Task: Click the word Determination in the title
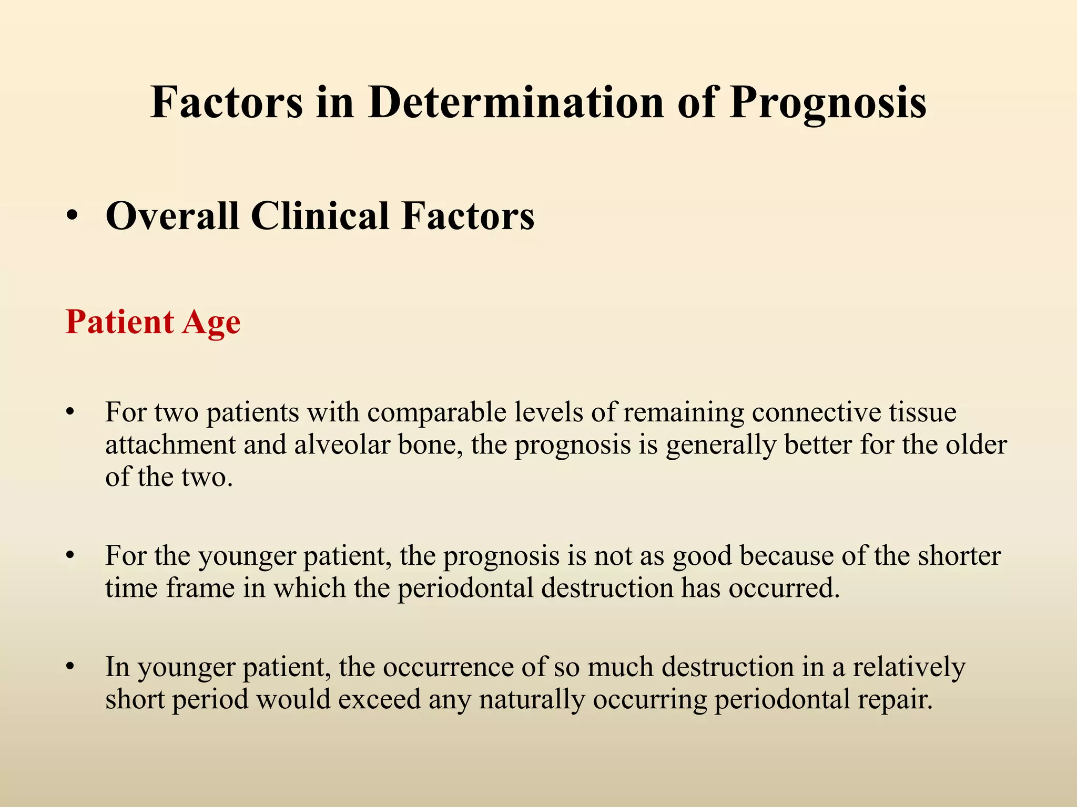click(515, 102)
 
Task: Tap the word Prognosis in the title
click(828, 102)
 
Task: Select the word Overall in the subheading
click(172, 216)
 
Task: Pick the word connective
click(816, 413)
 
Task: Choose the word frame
click(200, 588)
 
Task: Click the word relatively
click(909, 668)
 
